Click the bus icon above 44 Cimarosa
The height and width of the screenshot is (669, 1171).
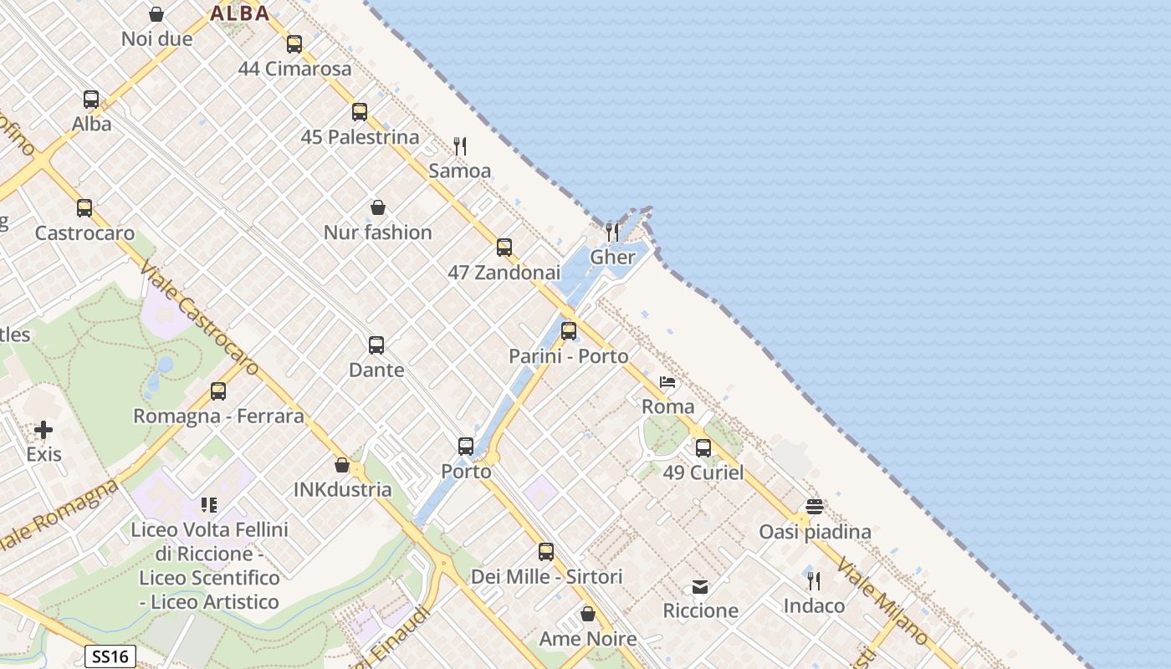[x=294, y=44]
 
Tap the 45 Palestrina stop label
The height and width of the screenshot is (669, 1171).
[x=360, y=136]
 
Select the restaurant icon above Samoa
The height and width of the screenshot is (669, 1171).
[x=459, y=146]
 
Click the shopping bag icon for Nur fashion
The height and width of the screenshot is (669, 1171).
[x=378, y=207]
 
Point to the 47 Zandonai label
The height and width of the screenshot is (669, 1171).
[x=504, y=272]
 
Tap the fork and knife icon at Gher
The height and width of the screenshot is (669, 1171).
[x=612, y=232]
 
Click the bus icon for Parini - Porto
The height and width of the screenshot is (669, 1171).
[x=569, y=330]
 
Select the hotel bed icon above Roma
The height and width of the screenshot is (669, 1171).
[x=667, y=382]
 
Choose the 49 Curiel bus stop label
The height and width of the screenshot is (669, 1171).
[x=703, y=472]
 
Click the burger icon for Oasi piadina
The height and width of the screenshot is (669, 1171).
[x=815, y=507]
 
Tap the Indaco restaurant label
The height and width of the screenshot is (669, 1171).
[x=814, y=605]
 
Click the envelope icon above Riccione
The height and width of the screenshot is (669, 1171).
[x=700, y=586]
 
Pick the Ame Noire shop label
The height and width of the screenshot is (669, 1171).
[x=587, y=639]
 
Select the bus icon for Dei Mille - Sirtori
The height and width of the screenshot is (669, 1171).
[x=546, y=552]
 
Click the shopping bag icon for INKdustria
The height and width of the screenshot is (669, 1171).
[x=341, y=465]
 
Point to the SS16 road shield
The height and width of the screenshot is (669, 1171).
[x=110, y=656]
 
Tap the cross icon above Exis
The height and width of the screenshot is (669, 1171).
[x=43, y=430]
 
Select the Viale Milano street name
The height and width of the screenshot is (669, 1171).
[x=882, y=600]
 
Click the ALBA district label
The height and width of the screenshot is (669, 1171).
[x=240, y=13]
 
